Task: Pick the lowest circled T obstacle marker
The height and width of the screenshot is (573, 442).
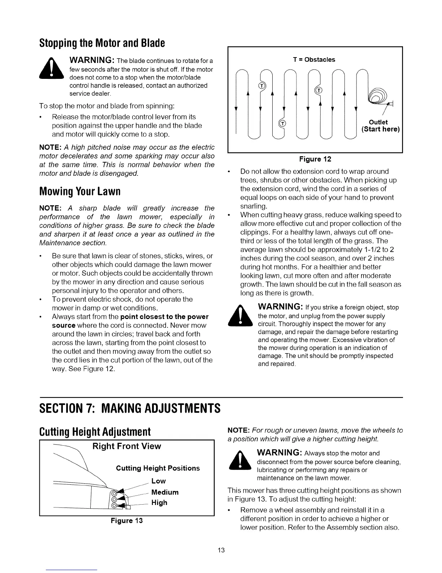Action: point(283,123)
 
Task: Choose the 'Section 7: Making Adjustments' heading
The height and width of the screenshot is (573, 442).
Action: point(129,409)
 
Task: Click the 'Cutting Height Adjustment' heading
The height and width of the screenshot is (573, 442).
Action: point(95,432)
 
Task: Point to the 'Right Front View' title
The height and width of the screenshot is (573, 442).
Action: point(127,446)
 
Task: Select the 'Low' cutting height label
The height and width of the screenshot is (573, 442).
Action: point(159,481)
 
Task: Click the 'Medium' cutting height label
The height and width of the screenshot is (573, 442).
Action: point(165,492)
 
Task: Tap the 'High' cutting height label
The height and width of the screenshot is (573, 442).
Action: point(159,502)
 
